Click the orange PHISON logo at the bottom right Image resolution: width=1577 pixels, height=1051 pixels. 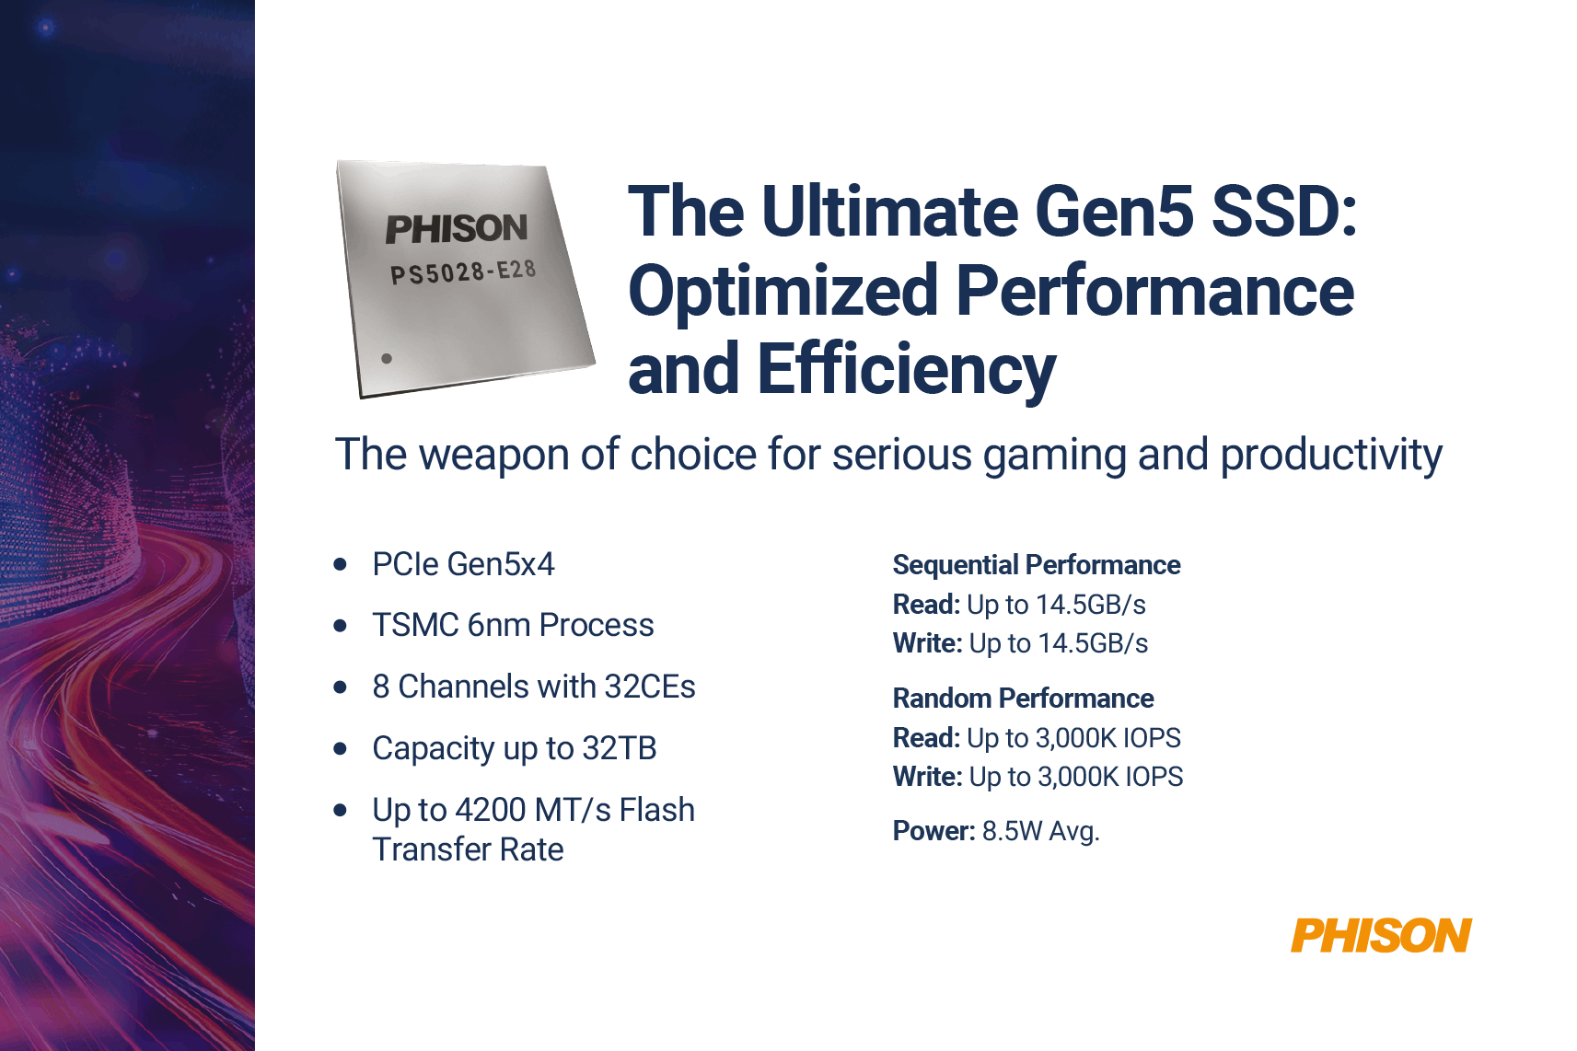tap(1380, 936)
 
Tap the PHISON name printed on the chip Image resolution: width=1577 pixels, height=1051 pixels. tap(457, 229)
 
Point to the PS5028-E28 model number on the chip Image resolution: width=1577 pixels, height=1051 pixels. tap(463, 272)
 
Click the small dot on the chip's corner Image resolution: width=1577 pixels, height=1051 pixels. tap(387, 359)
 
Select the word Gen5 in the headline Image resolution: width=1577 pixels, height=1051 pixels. tap(1113, 212)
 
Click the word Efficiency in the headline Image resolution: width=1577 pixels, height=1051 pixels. tap(906, 370)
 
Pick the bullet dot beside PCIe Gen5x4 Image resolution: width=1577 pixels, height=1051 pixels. tap(341, 564)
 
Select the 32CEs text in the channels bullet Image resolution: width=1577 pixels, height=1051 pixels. tap(650, 687)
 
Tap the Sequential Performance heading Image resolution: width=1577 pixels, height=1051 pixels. tap(1036, 565)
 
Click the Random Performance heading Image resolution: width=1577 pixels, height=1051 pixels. tap(1023, 699)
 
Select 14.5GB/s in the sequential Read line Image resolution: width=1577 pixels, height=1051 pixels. tap(1091, 605)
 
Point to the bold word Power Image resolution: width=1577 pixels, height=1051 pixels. tap(933, 831)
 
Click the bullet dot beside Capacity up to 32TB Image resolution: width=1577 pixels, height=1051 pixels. tap(341, 748)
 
